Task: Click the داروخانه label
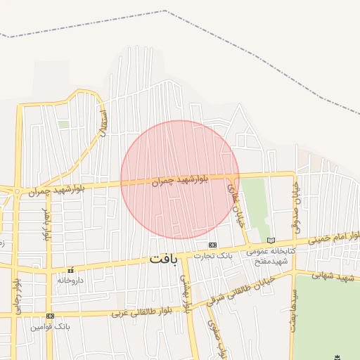click(70, 280)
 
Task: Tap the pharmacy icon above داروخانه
click(70, 270)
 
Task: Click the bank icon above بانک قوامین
click(49, 316)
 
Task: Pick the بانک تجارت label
click(214, 255)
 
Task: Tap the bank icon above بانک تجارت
click(212, 245)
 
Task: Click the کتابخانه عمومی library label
click(268, 250)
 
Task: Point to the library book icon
click(271, 240)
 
